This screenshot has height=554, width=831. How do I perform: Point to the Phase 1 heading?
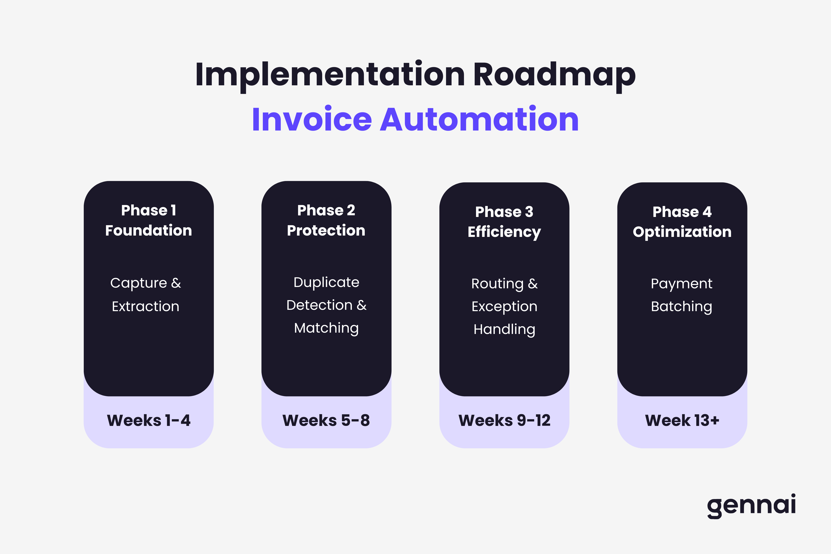pos(148,210)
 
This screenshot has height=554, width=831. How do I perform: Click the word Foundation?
pos(148,230)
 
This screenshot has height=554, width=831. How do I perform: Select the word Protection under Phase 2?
pos(326,230)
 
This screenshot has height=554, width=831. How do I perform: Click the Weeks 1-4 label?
pos(148,420)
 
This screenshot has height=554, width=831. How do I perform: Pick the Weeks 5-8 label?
pos(326,420)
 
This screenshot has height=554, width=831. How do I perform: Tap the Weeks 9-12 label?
pos(504,420)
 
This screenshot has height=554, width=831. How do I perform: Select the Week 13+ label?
pos(682,420)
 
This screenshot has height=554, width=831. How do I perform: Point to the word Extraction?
pos(146,306)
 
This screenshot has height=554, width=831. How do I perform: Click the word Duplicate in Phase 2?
pos(326,282)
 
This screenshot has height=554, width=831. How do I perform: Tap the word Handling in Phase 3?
pos(504,329)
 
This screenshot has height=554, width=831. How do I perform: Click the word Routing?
pos(497,284)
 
